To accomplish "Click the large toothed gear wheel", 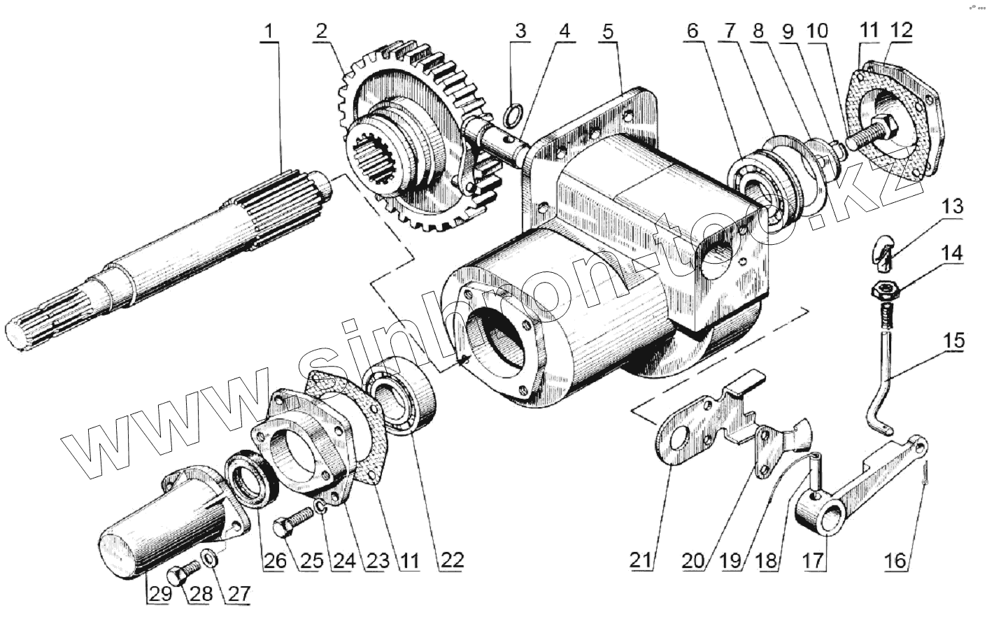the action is pyautogui.click(x=420, y=140).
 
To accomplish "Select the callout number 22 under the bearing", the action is pyautogui.click(x=448, y=560).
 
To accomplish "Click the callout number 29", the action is pyautogui.click(x=157, y=594).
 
